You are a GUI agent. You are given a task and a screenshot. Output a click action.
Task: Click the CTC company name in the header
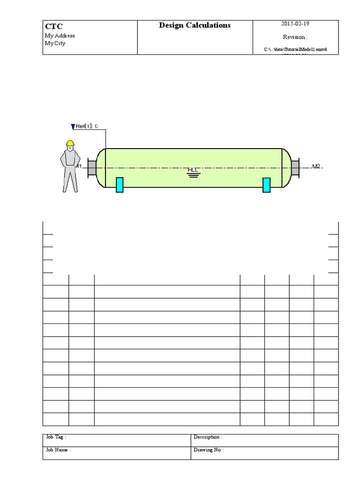coord(53,27)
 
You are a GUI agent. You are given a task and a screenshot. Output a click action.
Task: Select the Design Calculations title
coord(195,25)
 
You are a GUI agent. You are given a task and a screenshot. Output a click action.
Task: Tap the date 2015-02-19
coord(295,24)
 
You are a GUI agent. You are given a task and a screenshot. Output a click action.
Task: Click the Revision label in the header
coord(295,37)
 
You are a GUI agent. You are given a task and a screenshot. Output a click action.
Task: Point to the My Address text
coord(60,36)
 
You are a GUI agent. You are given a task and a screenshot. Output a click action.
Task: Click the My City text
coord(55,44)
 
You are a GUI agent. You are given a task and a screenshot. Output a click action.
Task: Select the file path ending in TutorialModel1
coord(295,49)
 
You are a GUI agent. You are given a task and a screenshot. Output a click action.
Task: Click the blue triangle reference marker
coord(73,126)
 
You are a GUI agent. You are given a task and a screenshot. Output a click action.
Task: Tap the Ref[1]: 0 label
coord(87,126)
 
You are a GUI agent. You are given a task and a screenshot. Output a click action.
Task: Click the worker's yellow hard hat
coord(70,142)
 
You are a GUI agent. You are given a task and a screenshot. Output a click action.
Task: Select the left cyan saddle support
coord(120,185)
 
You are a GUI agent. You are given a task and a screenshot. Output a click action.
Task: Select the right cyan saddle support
coord(266,185)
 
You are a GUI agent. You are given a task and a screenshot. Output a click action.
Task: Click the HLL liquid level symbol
coord(193,172)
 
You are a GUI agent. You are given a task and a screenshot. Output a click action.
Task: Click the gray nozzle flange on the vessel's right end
coord(295,168)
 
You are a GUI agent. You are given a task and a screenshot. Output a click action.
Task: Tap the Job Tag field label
coord(56,437)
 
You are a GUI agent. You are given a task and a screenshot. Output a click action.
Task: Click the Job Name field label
coord(58,450)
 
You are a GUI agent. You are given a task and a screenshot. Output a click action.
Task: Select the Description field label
coord(208,437)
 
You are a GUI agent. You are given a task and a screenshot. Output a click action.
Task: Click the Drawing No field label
coord(209,450)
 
